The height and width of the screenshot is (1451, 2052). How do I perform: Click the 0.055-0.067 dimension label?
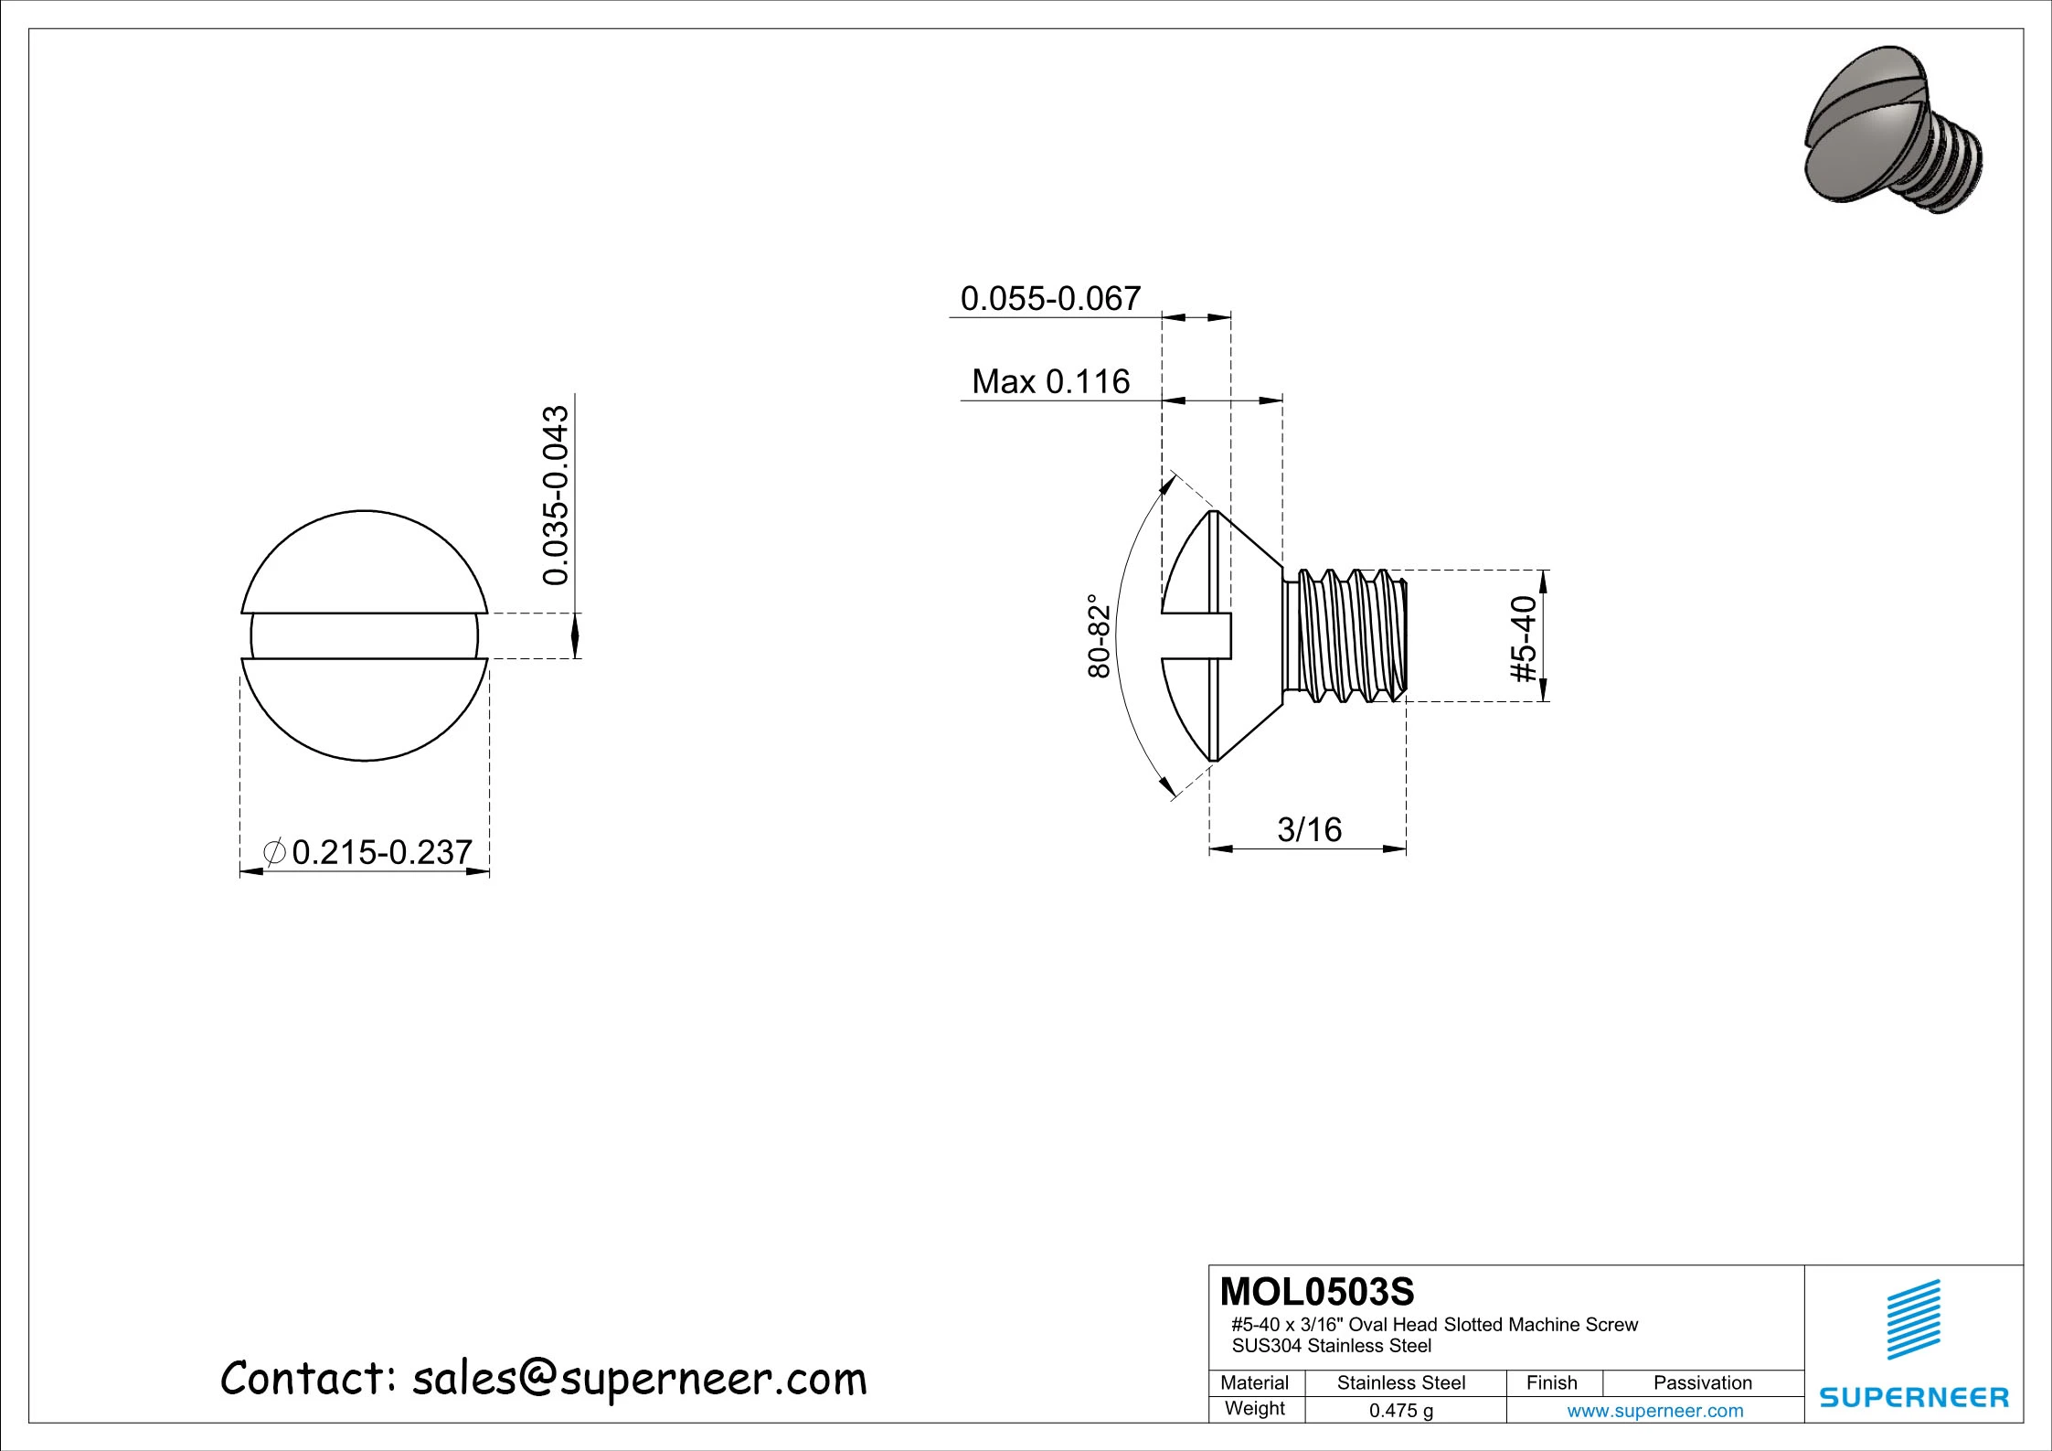1050,299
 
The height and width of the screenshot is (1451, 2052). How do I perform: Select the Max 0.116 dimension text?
1050,381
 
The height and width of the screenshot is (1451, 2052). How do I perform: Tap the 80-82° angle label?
1099,636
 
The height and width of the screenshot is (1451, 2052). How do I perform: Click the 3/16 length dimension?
1309,829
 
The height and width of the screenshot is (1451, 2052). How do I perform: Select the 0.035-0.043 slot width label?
556,495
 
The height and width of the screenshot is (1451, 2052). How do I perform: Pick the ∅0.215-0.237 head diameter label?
367,852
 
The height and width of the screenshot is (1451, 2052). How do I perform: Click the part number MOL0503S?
1316,1292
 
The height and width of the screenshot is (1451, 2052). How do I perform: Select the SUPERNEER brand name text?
1914,1397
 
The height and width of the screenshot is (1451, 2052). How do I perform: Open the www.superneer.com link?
1654,1411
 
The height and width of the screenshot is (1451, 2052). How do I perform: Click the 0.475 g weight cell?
1400,1411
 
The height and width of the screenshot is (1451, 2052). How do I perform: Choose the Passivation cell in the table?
1702,1383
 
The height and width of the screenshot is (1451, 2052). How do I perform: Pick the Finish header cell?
1551,1383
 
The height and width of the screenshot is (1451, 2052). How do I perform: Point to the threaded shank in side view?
1344,636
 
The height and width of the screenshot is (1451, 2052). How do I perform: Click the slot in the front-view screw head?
364,635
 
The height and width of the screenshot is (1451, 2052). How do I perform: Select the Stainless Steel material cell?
1400,1383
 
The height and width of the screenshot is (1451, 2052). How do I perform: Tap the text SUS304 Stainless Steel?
1331,1346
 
